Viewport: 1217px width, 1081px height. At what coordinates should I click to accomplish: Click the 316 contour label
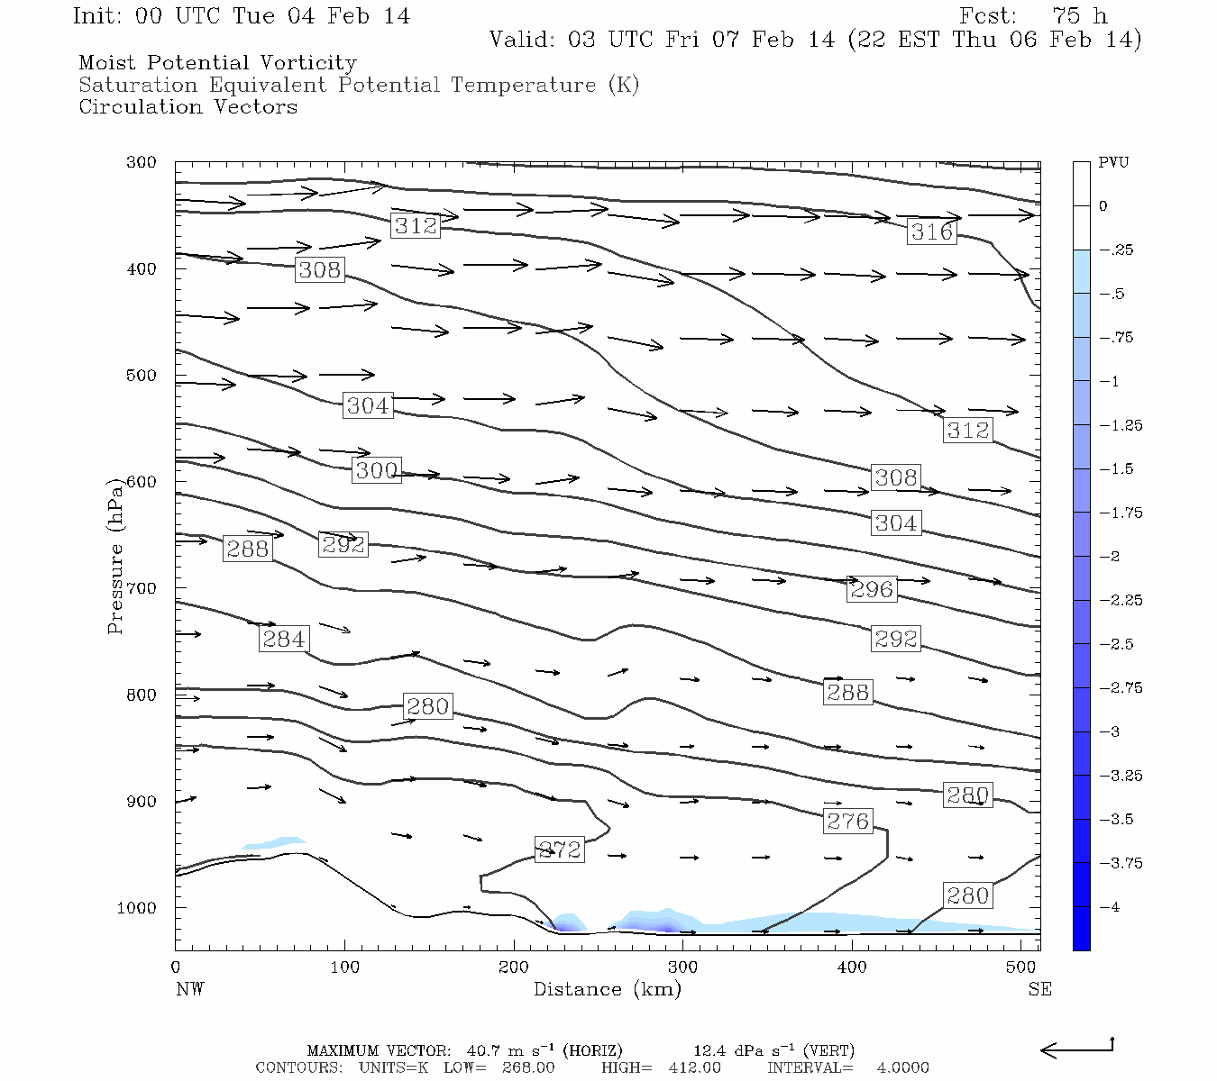pyautogui.click(x=931, y=232)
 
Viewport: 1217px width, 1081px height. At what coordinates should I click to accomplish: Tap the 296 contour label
pyautogui.click(x=872, y=589)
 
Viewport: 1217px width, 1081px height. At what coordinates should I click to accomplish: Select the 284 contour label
pyautogui.click(x=283, y=639)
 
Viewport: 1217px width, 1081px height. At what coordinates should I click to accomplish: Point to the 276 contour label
pyautogui.click(x=848, y=821)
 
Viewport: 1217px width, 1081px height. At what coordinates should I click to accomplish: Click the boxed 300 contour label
pyautogui.click(x=376, y=469)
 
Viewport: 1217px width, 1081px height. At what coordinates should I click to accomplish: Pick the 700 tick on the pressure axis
pyautogui.click(x=141, y=588)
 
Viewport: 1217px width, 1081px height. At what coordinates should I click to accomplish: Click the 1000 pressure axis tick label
pyautogui.click(x=136, y=908)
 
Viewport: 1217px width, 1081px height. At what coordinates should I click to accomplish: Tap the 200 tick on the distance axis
pyautogui.click(x=514, y=967)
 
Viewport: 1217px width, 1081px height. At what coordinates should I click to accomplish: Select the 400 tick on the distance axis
pyautogui.click(x=852, y=967)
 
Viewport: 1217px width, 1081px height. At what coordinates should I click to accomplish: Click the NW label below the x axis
pyautogui.click(x=189, y=989)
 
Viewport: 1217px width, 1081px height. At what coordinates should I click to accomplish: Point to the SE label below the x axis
pyautogui.click(x=1039, y=989)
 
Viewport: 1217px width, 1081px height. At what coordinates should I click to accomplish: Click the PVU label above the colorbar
pyautogui.click(x=1113, y=163)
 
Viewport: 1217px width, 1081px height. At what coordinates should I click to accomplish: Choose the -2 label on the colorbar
pyautogui.click(x=1109, y=557)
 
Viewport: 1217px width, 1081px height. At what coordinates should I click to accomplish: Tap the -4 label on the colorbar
pyautogui.click(x=1109, y=907)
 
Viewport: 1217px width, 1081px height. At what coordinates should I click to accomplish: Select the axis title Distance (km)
pyautogui.click(x=607, y=989)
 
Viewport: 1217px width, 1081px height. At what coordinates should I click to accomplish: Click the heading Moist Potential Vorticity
pyautogui.click(x=217, y=63)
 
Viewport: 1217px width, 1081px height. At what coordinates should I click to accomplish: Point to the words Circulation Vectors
pyautogui.click(x=188, y=107)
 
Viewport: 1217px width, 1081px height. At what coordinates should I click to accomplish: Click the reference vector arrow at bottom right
pyautogui.click(x=1076, y=1049)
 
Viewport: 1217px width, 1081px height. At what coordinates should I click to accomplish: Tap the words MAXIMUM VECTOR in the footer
pyautogui.click(x=378, y=1050)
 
